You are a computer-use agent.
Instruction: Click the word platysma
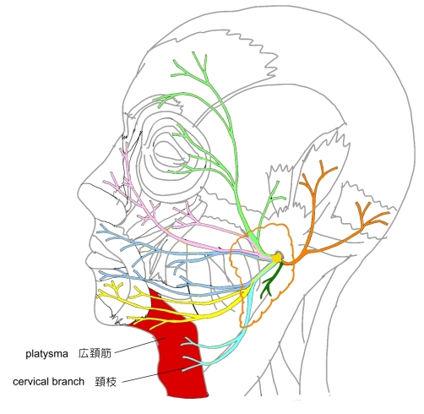(x=46, y=354)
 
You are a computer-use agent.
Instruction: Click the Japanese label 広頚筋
(x=95, y=353)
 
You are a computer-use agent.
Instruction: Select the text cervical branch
(x=49, y=382)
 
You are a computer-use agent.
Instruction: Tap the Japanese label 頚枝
(x=106, y=382)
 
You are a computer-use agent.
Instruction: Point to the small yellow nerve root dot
(x=277, y=257)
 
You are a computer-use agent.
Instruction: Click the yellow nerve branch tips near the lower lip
(x=112, y=289)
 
